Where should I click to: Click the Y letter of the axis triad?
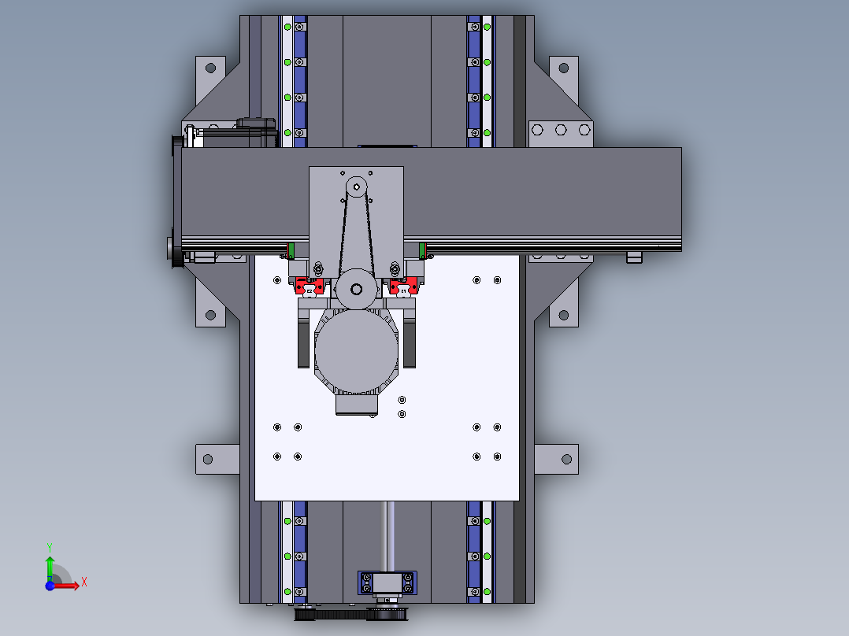(50, 548)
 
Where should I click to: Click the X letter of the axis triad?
(84, 582)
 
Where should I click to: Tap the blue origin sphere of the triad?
(50, 586)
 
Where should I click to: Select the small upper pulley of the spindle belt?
(356, 187)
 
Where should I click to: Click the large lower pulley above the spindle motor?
(356, 289)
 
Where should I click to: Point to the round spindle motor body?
(356, 352)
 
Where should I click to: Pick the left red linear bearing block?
(310, 286)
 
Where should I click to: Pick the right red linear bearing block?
(403, 286)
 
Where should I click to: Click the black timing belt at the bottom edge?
(350, 614)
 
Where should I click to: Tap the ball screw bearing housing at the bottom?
(387, 582)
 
